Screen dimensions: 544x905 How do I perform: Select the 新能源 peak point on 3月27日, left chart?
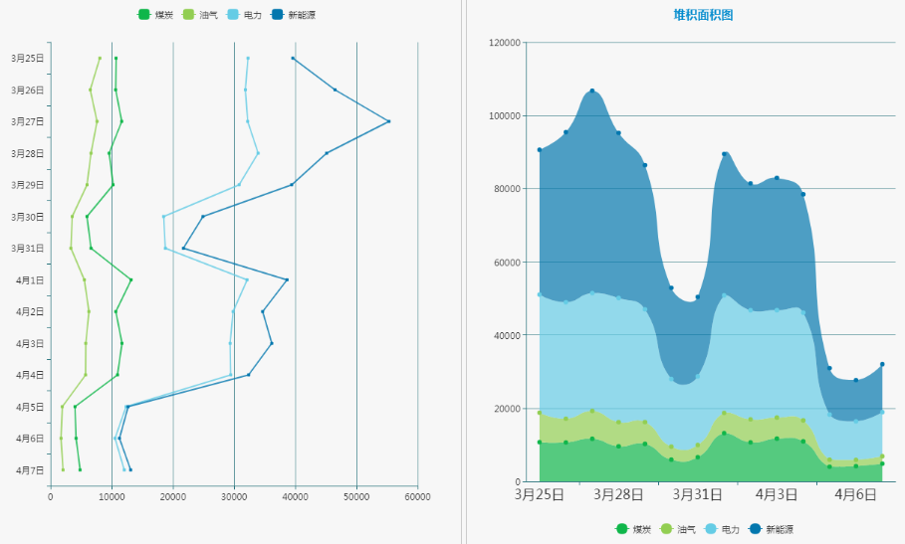click(x=388, y=121)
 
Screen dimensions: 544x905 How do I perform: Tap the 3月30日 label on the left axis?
click(x=27, y=217)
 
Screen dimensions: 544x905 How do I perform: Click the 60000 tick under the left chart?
click(x=417, y=495)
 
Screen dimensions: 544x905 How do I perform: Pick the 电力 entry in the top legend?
click(x=244, y=15)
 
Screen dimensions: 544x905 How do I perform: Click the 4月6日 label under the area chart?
click(x=854, y=494)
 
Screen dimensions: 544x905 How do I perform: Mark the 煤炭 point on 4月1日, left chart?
click(x=130, y=279)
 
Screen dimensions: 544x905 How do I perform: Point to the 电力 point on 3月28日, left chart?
click(x=258, y=153)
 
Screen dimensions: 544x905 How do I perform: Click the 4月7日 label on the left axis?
click(x=27, y=469)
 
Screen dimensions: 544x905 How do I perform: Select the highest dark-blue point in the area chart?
click(x=592, y=91)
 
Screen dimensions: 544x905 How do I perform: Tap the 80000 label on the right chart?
click(x=507, y=189)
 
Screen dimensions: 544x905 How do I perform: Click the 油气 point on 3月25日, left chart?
click(x=100, y=59)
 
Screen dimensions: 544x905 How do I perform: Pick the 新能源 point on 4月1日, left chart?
click(x=287, y=279)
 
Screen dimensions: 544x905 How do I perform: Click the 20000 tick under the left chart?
click(x=173, y=495)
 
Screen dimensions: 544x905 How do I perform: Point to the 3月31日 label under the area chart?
click(x=697, y=494)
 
